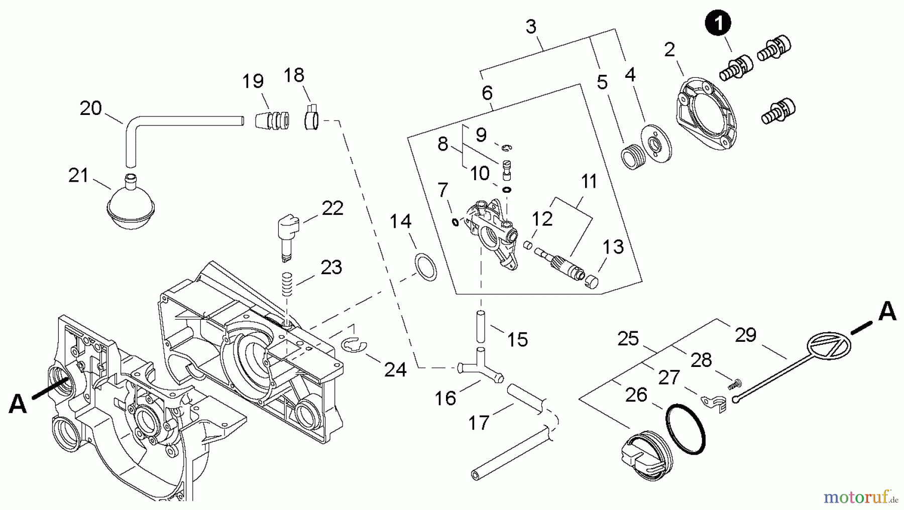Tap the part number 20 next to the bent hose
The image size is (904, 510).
[x=91, y=108]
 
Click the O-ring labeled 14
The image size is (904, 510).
[x=425, y=267]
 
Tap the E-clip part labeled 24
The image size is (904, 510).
[x=355, y=344]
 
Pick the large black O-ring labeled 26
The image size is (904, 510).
[x=686, y=430]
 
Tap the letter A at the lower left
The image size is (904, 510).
[x=18, y=403]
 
